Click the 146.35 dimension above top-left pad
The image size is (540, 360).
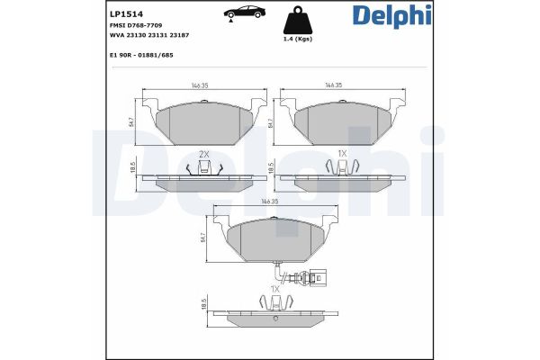click(x=201, y=87)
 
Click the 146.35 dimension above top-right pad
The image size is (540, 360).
click(x=334, y=87)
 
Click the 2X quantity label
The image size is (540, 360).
click(x=203, y=154)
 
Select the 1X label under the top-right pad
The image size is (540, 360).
click(x=342, y=154)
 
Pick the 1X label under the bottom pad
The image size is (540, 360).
click(x=275, y=289)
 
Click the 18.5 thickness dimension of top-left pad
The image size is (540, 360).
click(x=133, y=168)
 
